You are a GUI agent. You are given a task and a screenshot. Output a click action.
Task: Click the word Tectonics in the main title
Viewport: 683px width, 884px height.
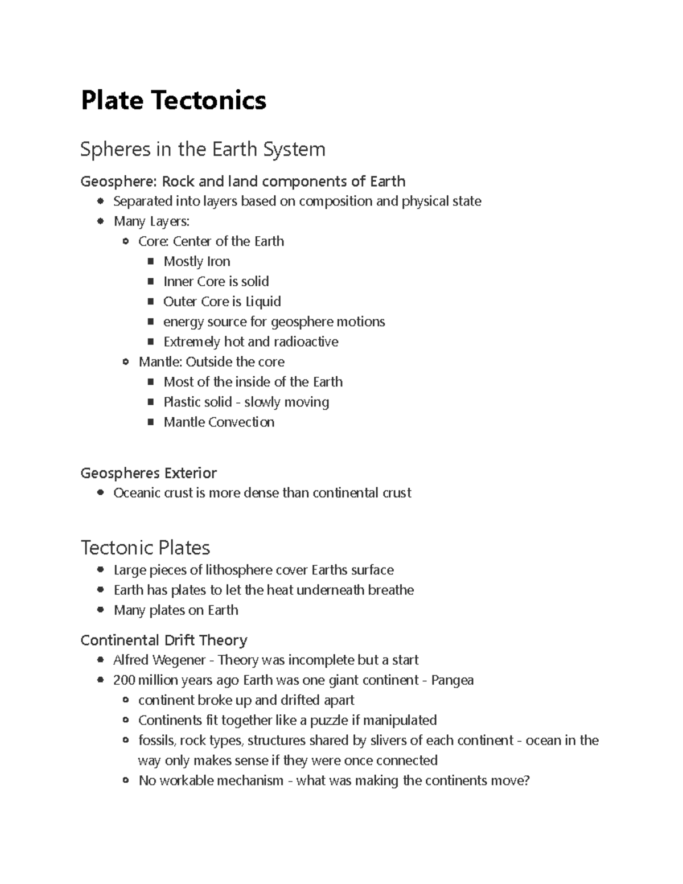pos(208,101)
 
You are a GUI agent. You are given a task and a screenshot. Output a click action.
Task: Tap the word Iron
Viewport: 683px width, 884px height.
pos(219,262)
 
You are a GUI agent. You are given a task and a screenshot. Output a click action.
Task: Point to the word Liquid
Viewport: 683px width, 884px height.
pos(263,302)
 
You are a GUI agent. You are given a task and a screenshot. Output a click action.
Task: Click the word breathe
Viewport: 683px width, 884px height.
pos(390,590)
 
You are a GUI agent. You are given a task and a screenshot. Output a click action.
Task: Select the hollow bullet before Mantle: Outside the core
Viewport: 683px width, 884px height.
pos(126,362)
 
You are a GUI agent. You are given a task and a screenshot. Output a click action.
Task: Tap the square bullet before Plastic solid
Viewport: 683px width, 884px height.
pos(151,402)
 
